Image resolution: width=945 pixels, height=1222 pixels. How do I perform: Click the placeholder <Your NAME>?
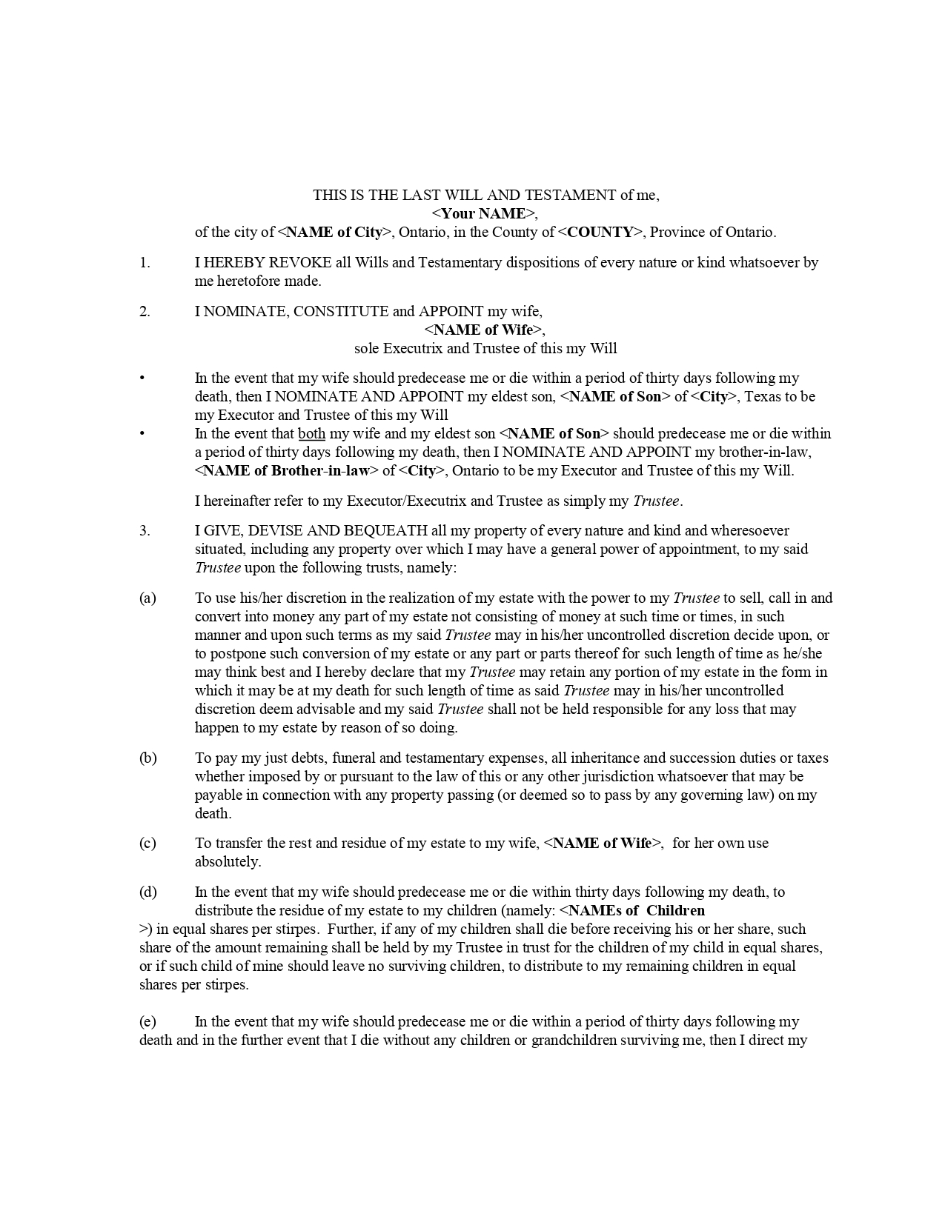(484, 214)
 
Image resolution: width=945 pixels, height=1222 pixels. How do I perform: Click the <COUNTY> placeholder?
(600, 233)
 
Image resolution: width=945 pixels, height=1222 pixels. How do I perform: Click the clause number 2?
(145, 312)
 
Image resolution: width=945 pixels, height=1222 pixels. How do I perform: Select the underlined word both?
(311, 434)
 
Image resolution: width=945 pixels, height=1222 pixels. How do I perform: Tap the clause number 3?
(145, 531)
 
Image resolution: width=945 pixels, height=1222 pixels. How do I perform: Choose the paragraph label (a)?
(147, 598)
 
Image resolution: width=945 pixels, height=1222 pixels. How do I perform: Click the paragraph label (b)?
(147, 758)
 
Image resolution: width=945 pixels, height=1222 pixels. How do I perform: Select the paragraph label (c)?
(147, 844)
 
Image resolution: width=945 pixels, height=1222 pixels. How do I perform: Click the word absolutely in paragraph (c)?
(228, 862)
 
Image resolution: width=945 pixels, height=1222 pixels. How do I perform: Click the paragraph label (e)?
(147, 1022)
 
